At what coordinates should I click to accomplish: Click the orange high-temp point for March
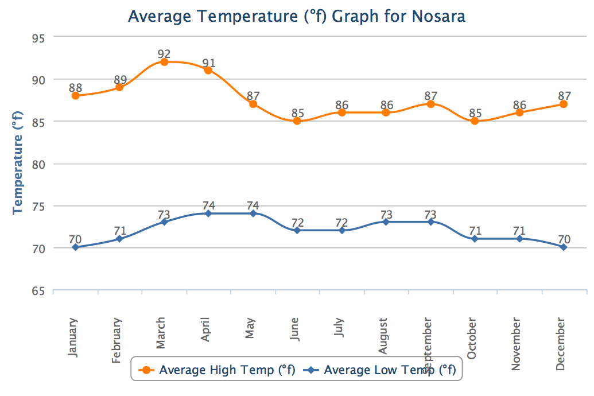point(164,62)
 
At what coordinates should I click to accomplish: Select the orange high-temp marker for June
point(297,121)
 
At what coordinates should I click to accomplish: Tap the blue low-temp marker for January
point(75,247)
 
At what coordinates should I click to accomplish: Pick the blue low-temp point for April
point(208,213)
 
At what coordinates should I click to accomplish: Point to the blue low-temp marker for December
point(564,247)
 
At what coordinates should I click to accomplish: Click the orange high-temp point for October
point(475,121)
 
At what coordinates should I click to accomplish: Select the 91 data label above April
point(208,63)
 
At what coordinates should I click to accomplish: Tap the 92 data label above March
point(164,54)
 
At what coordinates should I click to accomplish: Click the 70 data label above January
point(75,239)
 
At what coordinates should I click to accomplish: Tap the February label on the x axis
point(117,340)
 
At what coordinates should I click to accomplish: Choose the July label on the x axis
point(340,333)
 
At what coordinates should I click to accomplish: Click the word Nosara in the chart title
point(438,16)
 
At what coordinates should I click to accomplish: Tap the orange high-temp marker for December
point(564,104)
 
